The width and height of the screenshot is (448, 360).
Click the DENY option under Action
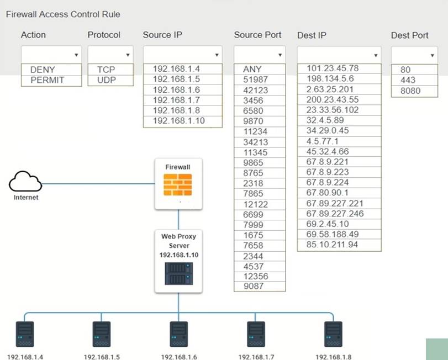43,70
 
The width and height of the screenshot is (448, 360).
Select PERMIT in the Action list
47,80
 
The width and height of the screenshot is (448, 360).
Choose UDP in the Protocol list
106,80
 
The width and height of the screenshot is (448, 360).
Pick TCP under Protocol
106,70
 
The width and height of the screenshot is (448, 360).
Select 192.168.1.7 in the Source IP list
176,100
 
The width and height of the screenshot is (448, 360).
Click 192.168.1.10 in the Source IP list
178,120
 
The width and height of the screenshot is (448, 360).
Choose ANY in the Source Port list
252,70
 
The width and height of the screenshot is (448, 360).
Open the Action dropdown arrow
76,55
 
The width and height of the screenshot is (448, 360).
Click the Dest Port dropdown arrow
432,55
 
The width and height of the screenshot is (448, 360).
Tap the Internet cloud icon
25,182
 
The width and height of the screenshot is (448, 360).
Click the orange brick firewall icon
178,184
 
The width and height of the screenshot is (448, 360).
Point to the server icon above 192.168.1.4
25,334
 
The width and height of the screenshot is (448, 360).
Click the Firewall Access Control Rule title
63,14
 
